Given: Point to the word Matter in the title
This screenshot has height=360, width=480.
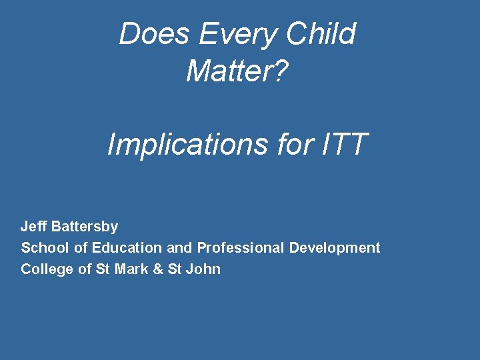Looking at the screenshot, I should click(x=228, y=70).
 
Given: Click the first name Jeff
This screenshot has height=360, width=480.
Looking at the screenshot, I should click(x=33, y=227).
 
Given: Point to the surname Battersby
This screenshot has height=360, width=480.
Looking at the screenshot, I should click(x=84, y=227).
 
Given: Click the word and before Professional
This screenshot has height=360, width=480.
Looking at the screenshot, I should click(x=179, y=248).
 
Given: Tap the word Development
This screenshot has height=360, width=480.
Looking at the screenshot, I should click(x=335, y=248).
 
